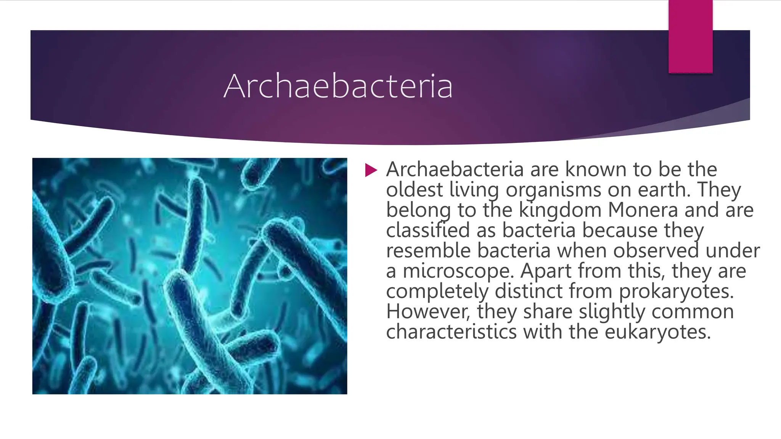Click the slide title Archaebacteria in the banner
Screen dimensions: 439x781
coord(338,86)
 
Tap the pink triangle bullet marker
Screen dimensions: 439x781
coord(371,170)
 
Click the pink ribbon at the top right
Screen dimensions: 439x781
coord(690,37)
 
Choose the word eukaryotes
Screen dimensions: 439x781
coord(658,332)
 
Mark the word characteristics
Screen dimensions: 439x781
coord(451,332)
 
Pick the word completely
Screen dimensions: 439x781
coord(437,292)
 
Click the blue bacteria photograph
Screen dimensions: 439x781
coord(190,276)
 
